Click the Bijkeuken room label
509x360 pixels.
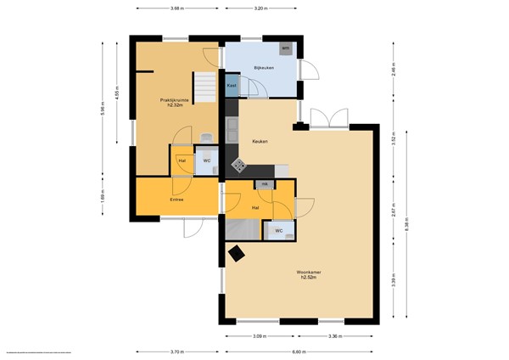coord(260,66)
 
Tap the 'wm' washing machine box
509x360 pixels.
coord(286,48)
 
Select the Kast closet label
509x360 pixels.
coord(232,86)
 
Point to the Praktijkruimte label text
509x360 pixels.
coord(175,100)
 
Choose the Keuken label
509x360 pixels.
coord(260,142)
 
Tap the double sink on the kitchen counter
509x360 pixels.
coord(232,129)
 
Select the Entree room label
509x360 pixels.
coord(176,200)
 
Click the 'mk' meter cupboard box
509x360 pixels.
coord(264,184)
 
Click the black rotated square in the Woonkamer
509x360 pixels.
coord(237,252)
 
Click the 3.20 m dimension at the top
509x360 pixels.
coord(260,8)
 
